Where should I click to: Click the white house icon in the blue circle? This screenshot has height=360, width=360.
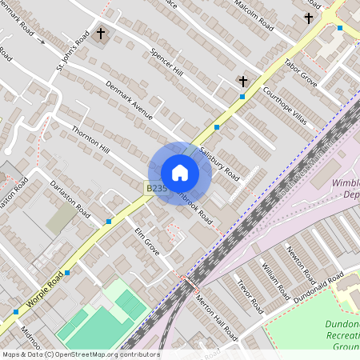pos(180,173)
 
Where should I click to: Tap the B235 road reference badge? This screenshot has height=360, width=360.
pos(156,188)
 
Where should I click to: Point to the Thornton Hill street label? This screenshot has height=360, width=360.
pos(90,138)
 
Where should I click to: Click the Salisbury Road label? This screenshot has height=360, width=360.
pos(219,162)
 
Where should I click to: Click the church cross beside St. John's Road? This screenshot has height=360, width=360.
pos(101,34)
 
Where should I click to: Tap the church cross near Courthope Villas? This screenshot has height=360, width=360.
pos(243,81)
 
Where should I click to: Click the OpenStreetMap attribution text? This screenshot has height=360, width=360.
pos(80,354)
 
